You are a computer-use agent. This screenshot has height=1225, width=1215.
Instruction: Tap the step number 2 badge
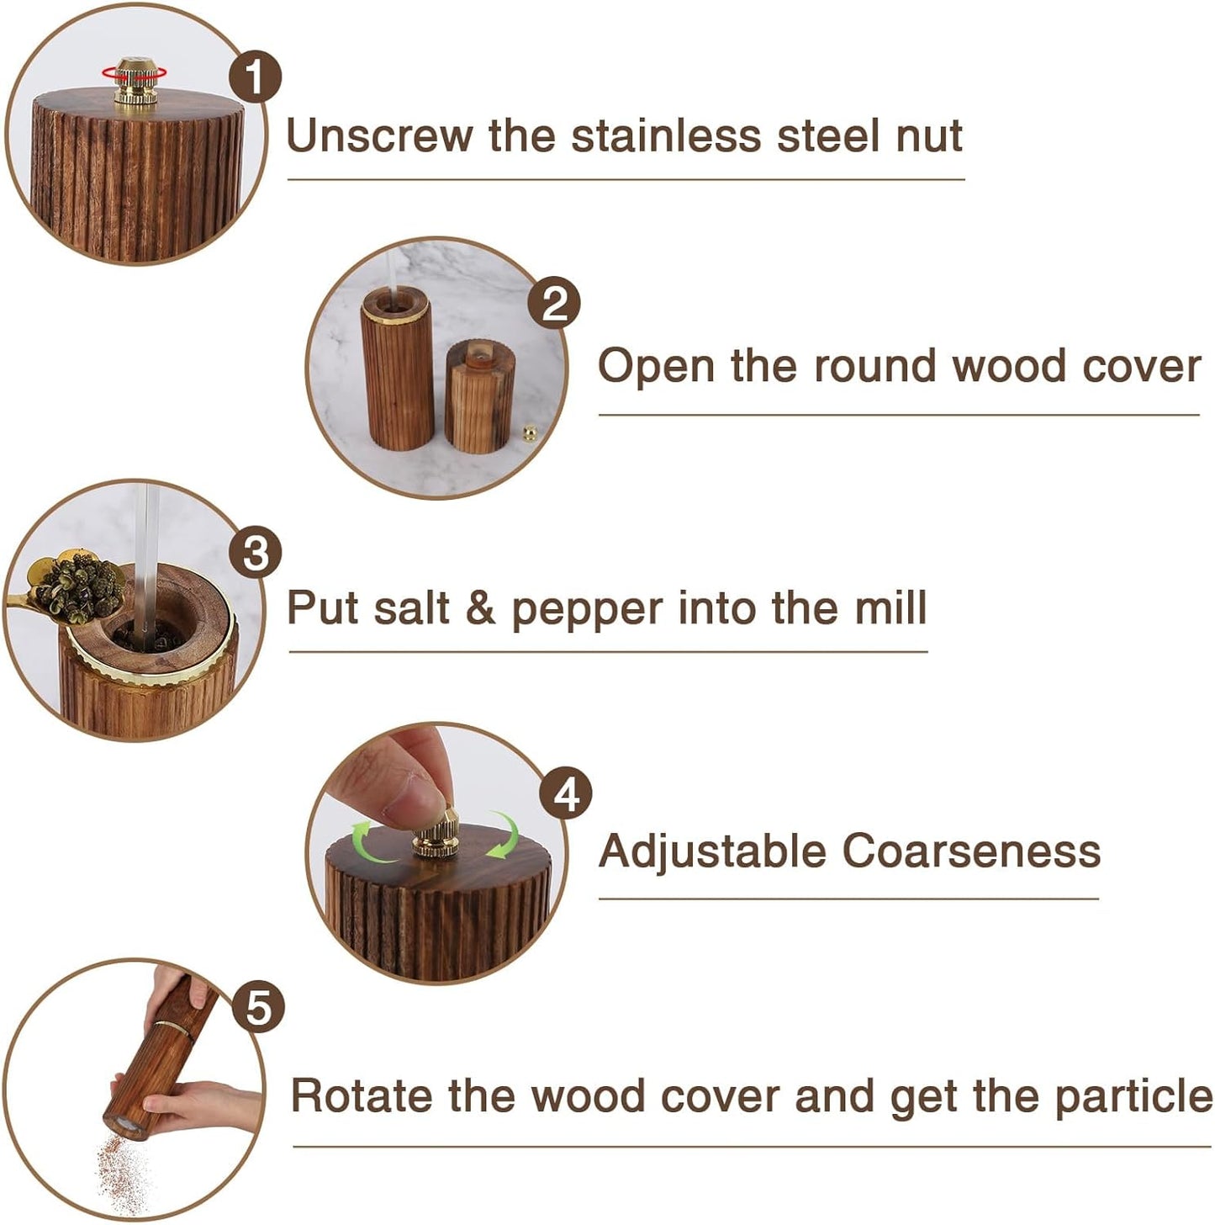tap(554, 305)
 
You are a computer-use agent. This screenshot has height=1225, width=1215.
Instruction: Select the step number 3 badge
tap(256, 554)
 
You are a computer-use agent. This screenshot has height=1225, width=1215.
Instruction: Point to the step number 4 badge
tap(566, 793)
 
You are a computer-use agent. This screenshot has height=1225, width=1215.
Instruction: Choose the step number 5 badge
tap(258, 1007)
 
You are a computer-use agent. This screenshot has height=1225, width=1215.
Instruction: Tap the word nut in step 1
tap(928, 136)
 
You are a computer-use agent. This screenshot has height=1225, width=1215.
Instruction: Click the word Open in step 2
tap(654, 367)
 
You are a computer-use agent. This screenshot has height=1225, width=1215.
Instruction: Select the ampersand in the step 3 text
tap(480, 608)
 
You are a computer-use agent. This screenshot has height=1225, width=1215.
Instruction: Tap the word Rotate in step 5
tap(361, 1096)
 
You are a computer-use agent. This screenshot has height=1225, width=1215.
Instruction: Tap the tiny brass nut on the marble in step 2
tap(530, 433)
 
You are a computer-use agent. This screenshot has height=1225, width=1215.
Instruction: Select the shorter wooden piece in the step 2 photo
tap(479, 395)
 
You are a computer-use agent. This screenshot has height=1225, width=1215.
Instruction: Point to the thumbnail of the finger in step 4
tap(409, 800)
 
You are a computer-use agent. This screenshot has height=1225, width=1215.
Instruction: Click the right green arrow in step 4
tap(504, 835)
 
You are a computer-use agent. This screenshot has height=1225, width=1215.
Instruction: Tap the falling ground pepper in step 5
tap(122, 1169)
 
